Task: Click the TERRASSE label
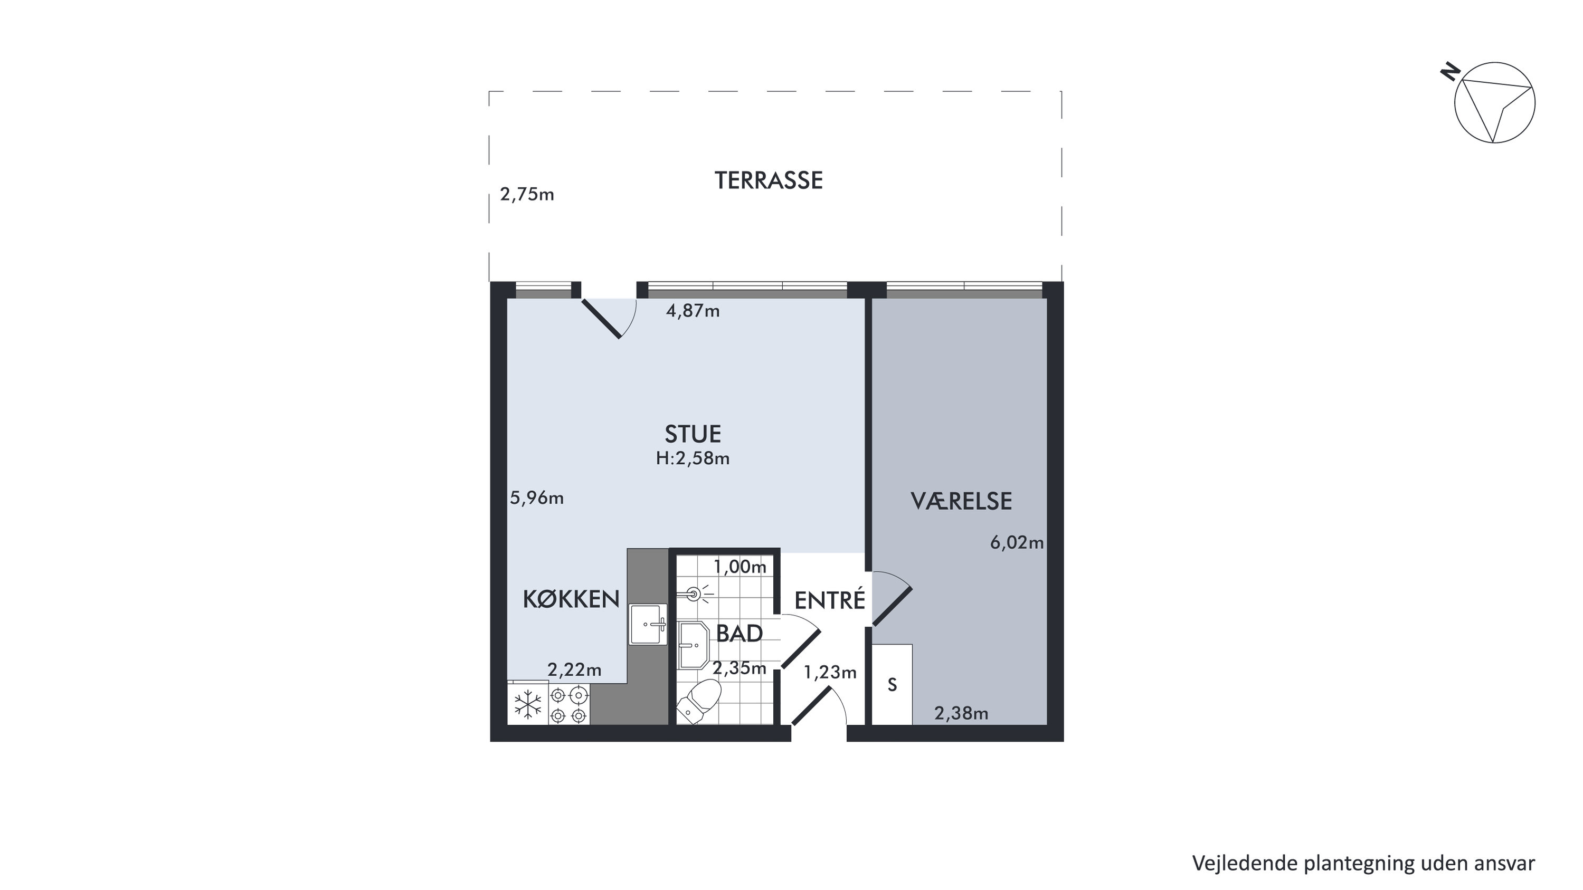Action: pos(768,180)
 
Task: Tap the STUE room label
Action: pos(693,434)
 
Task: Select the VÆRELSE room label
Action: pos(961,501)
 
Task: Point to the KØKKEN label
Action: pos(571,599)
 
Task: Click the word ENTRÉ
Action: pos(830,600)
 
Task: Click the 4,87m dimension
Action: pos(693,311)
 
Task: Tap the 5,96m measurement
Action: pos(536,498)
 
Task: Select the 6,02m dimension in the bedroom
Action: pos(1017,542)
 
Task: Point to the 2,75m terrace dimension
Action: pos(527,195)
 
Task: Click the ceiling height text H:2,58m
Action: pos(693,458)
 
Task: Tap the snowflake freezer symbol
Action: pos(528,704)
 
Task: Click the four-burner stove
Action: pos(568,704)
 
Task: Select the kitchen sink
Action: pos(648,624)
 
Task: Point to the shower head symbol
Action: pos(695,594)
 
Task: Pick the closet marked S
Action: pos(892,684)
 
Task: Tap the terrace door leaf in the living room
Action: pos(601,318)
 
